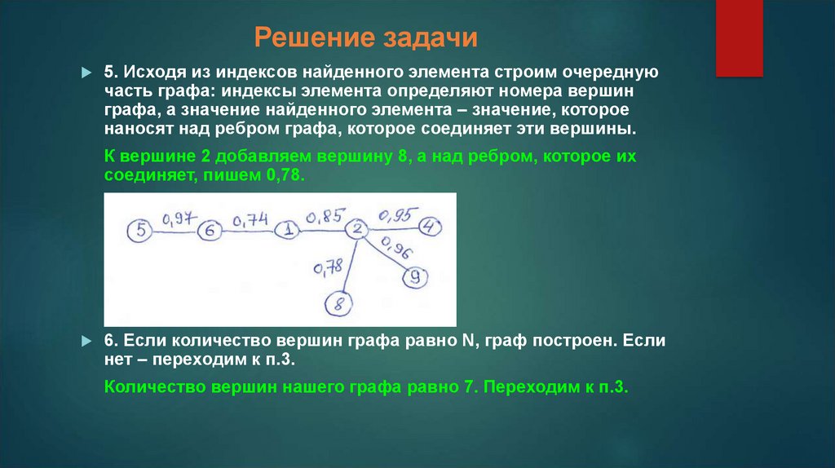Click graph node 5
point(141,231)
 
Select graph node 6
point(210,232)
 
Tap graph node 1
point(288,232)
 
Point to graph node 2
point(356,230)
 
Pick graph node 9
point(415,277)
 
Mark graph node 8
point(338,306)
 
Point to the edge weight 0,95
point(394,215)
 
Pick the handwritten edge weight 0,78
point(327,267)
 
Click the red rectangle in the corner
point(739,38)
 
